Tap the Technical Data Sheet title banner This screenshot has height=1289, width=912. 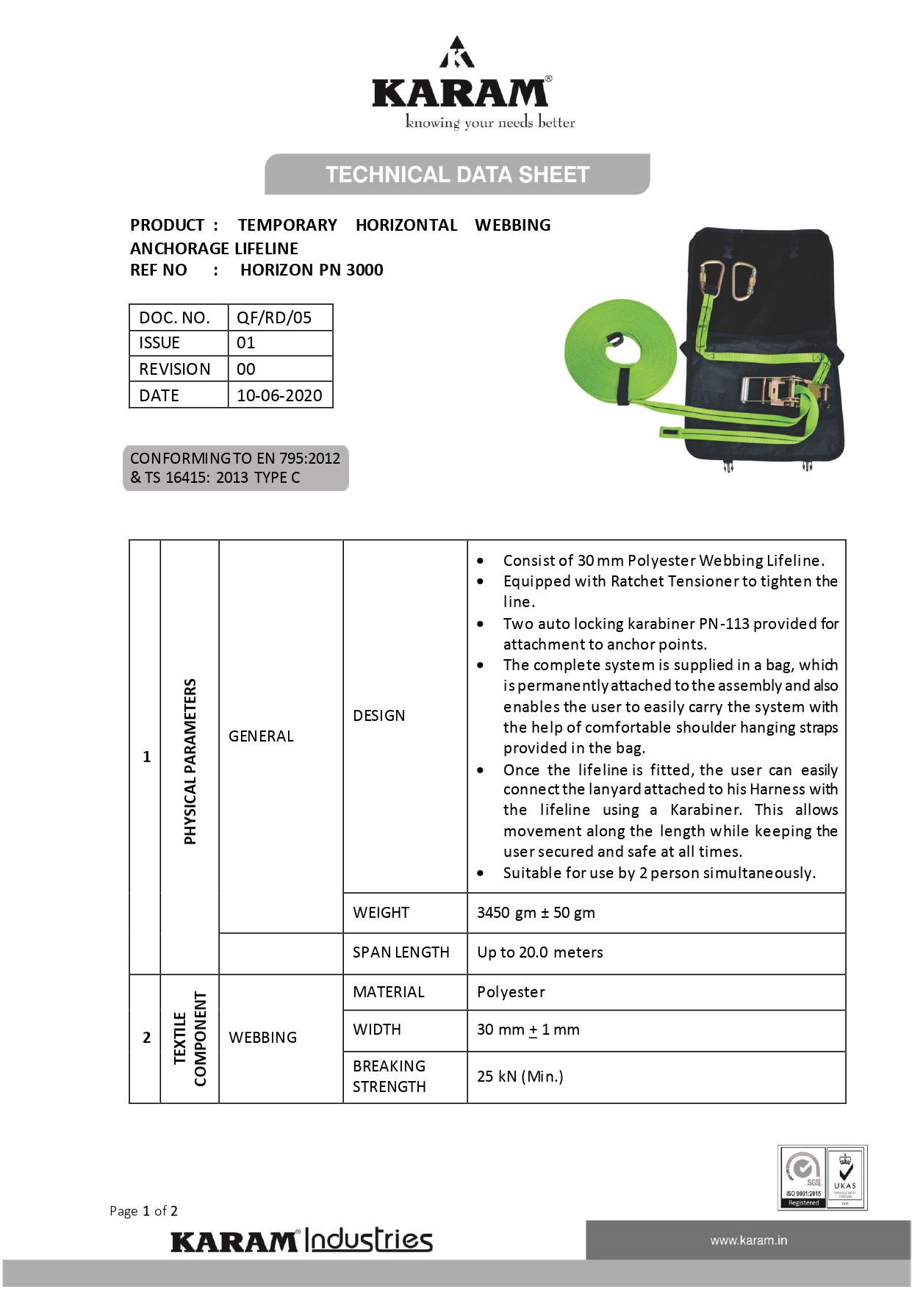pos(457,174)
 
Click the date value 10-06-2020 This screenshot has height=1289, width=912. pos(279,395)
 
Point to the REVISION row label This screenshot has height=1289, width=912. pos(175,369)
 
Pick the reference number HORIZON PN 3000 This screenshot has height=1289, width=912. pos(312,270)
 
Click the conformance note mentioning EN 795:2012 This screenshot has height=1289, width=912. pos(235,467)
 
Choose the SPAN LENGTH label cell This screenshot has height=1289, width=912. pos(401,952)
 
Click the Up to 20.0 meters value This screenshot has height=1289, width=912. pos(539,952)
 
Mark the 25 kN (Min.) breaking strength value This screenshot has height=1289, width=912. pos(520,1077)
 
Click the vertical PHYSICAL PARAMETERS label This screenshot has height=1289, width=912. pos(190,761)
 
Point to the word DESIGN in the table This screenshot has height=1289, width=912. pos(379,716)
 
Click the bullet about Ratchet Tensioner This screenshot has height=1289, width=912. pos(669,591)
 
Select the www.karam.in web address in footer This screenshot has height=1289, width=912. pos(748,1240)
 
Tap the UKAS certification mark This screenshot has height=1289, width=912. pos(846,1177)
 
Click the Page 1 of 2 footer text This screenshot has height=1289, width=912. pos(143,1211)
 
